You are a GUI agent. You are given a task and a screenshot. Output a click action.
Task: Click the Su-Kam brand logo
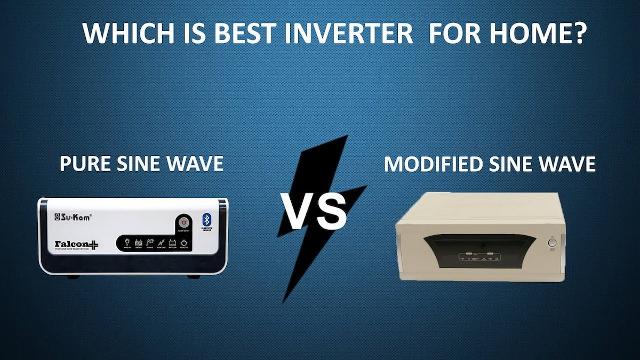pos(74,217)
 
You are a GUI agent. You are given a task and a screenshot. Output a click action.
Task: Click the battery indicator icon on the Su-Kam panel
pos(172,242)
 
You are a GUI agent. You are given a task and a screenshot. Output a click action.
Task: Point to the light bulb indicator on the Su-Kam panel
pos(127,242)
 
